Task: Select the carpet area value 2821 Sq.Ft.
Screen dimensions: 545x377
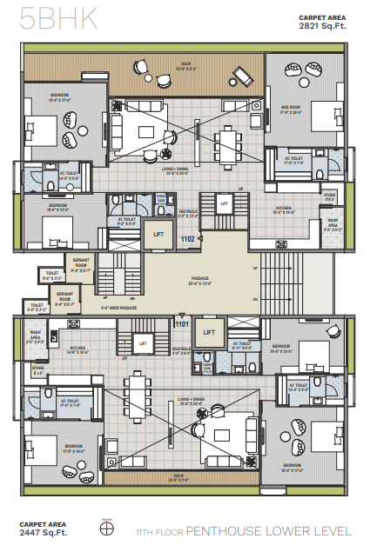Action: pos(331,26)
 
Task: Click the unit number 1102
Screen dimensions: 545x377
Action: pos(186,239)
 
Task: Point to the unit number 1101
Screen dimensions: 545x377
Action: pos(181,324)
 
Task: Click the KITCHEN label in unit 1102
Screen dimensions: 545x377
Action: pos(283,209)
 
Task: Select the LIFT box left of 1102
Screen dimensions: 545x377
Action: pos(158,234)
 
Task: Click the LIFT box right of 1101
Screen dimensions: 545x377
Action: pos(207,331)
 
